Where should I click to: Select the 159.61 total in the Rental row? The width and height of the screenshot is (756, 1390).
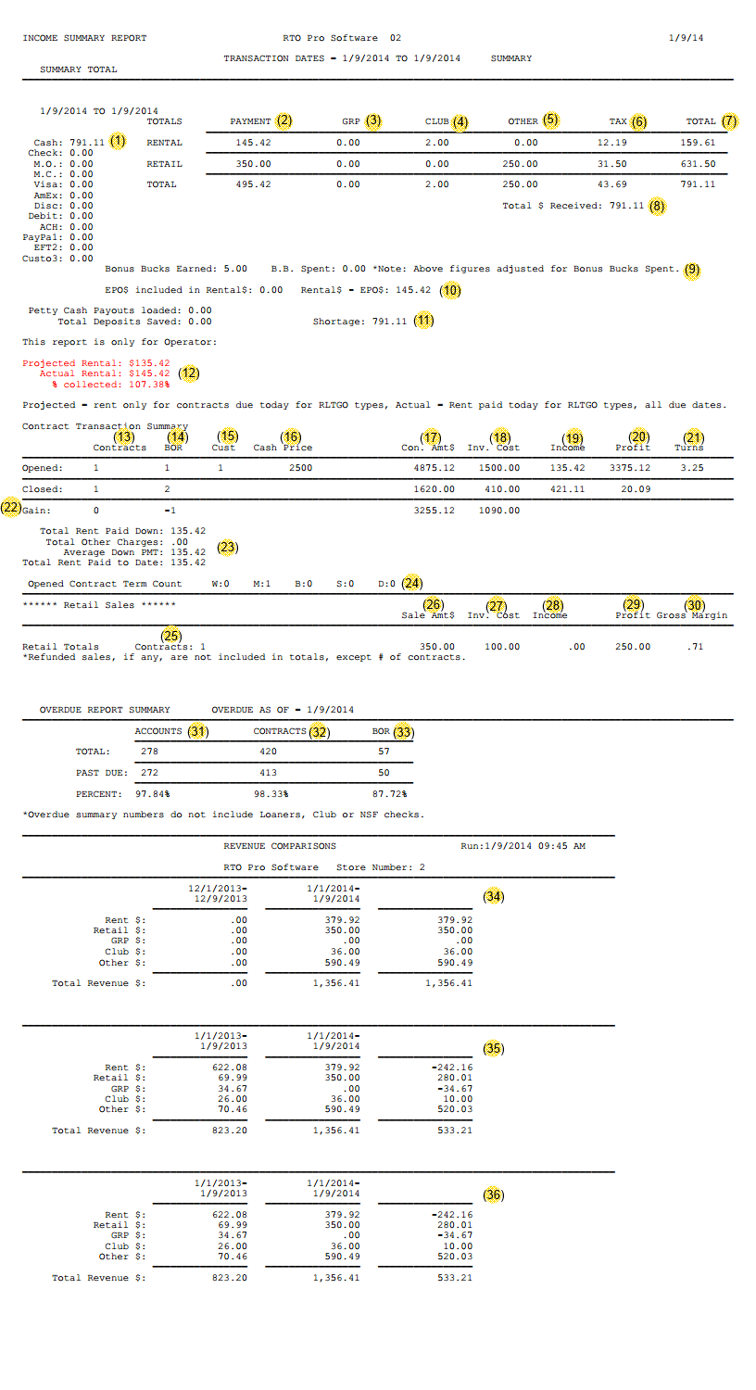698,143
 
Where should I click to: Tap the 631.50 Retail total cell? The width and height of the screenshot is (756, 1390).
698,164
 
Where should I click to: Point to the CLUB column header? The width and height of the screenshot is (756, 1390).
436,121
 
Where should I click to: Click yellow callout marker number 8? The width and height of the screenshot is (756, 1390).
657,207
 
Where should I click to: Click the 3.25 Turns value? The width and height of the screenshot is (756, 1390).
692,468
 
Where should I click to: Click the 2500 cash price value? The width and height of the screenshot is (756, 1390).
300,468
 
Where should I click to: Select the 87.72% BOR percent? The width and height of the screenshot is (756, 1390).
389,794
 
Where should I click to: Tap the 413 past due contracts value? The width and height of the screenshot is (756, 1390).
269,772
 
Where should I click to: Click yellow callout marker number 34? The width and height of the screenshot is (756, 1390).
494,896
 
